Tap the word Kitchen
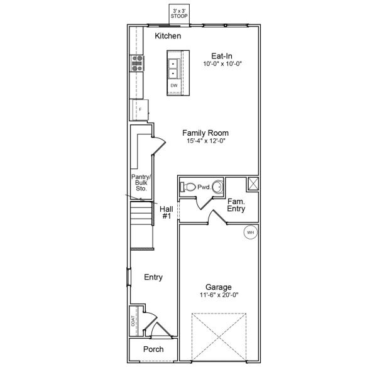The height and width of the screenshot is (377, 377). [168, 36]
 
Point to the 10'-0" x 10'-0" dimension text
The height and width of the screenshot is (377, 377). [222, 64]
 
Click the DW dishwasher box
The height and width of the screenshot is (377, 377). [174, 85]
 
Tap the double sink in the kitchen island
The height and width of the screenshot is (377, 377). [173, 68]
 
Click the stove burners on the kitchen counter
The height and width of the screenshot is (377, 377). [136, 62]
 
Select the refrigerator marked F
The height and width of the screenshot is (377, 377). [139, 109]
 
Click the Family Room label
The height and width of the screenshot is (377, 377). [205, 133]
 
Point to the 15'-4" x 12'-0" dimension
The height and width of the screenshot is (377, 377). [205, 141]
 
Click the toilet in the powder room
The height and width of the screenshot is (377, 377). [188, 186]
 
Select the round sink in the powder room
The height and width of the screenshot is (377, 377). [217, 187]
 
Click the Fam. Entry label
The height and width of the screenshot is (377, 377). [236, 205]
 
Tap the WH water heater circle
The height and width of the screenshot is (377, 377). [250, 232]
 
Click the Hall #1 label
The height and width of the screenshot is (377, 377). [167, 212]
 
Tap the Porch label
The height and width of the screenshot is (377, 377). [153, 349]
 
